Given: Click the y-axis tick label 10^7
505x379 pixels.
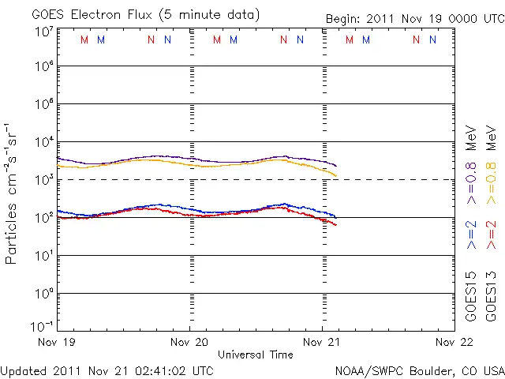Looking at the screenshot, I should (x=43, y=32).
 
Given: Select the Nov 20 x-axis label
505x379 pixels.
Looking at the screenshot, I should (x=190, y=342).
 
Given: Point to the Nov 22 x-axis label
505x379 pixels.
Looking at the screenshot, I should (x=453, y=342).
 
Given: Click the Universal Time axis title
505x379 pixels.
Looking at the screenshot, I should (x=255, y=355).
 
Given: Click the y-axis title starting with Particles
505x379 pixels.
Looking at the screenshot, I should (x=12, y=193).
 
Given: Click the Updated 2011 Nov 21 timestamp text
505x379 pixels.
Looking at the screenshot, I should (x=107, y=370).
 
